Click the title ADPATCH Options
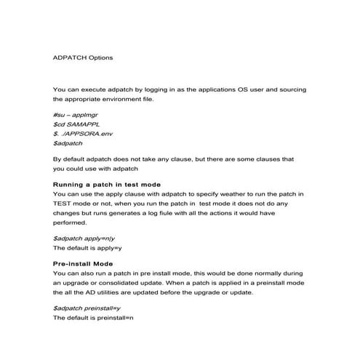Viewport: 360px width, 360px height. (83, 57)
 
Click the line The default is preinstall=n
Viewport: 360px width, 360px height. (95, 318)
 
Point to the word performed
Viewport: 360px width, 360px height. (71, 225)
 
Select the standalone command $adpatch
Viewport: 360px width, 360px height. (69, 144)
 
